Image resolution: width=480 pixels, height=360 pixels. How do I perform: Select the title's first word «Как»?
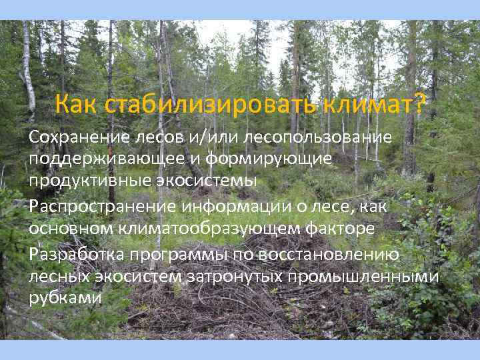pos(77,104)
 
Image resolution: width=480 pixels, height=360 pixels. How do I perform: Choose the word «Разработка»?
pos(76,255)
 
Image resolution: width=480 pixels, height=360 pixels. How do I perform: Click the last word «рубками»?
pos(65,298)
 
